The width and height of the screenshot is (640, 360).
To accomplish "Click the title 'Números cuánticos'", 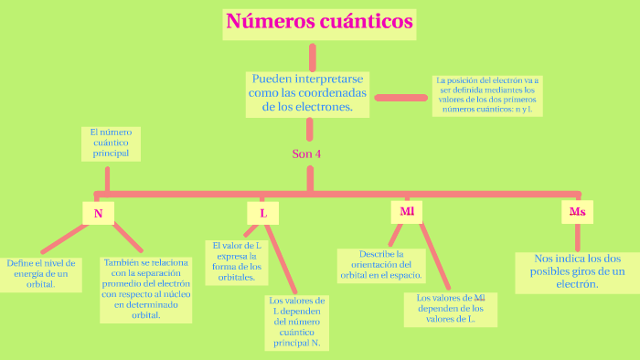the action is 319,22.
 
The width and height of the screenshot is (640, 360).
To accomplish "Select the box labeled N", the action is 98,214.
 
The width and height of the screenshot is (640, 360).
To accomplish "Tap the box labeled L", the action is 263,214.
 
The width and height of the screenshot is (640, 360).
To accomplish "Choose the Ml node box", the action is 407,213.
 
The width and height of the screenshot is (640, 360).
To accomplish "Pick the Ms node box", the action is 577,213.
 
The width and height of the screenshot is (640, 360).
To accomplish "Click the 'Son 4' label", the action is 306,154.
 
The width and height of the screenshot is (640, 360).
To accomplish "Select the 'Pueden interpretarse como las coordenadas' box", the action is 307,93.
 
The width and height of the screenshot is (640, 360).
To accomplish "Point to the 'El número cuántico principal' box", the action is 111,143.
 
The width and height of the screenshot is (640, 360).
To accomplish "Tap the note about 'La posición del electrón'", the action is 487,95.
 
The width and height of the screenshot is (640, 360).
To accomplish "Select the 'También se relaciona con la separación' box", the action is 145,289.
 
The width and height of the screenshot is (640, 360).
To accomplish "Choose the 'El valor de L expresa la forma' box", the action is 236,261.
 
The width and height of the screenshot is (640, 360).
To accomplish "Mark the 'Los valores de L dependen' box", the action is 296,322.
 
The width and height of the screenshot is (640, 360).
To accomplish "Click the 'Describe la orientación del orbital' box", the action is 381,264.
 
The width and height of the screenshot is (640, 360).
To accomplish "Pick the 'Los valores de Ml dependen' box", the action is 451,309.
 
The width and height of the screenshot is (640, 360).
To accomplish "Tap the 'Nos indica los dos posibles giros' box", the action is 577,271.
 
